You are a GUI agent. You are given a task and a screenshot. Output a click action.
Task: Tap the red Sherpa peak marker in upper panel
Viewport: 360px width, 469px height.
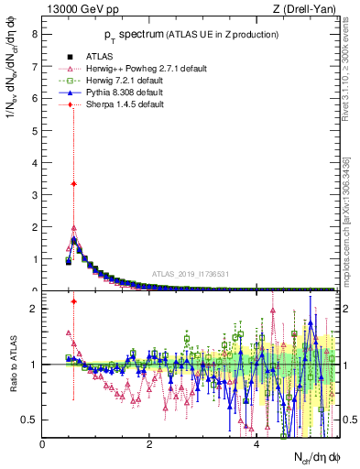(x=73, y=183)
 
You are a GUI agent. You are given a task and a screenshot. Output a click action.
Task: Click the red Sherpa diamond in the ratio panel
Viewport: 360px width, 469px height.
(x=73, y=301)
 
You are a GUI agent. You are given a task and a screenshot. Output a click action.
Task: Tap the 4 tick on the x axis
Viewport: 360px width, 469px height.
(x=256, y=444)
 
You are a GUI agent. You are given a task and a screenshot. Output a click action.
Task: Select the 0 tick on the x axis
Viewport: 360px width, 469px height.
(x=43, y=444)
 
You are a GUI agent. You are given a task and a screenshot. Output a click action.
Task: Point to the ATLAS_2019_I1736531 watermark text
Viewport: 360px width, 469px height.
(x=190, y=274)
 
